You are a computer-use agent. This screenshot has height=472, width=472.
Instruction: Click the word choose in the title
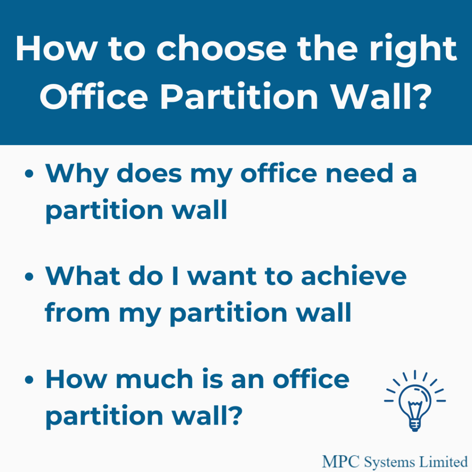221,48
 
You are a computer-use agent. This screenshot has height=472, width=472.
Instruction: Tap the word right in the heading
413,50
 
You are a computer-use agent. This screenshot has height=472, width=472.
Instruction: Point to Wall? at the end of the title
381,96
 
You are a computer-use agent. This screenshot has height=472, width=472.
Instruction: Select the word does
149,173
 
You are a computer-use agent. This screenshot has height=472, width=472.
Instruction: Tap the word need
360,173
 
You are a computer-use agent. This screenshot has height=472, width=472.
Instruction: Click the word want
222,277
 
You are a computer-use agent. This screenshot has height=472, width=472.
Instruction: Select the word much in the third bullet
154,379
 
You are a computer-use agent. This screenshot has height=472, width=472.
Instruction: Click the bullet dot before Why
29,174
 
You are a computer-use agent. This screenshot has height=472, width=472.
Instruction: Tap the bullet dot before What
29,277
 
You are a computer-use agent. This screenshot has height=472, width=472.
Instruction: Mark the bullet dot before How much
29,379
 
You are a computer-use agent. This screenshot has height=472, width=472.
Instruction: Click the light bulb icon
415,401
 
